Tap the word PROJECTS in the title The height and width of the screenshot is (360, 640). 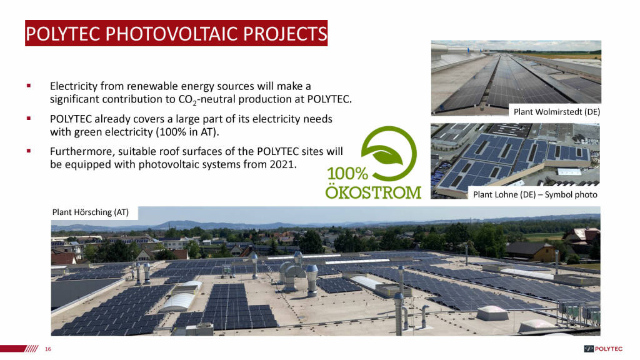tap(285, 34)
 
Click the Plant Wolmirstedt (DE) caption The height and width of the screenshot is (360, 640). tap(557, 112)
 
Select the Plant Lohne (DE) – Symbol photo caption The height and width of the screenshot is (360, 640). tap(535, 195)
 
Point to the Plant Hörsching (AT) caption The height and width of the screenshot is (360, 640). tap(90, 212)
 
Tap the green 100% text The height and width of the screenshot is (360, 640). tap(347, 174)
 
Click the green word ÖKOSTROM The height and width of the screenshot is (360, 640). tap(373, 192)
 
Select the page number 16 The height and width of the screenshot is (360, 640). tap(48, 349)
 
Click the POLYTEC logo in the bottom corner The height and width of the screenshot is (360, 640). tap(603, 349)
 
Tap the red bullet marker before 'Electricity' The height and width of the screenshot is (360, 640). tap(29, 86)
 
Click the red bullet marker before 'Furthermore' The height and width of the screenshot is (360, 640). tap(29, 151)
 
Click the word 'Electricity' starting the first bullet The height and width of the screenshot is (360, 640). tap(74, 86)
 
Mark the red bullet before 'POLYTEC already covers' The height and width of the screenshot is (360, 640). tap(29, 118)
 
